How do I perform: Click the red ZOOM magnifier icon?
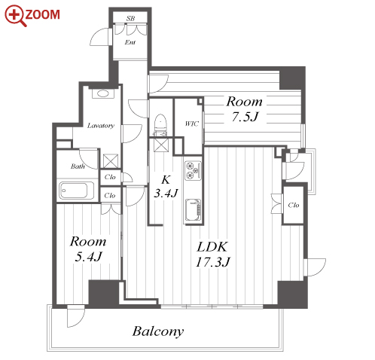click(15, 16)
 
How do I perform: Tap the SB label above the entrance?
click(130, 18)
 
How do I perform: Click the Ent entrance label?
click(130, 42)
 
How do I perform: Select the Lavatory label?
click(101, 125)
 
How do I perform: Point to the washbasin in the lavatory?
click(103, 93)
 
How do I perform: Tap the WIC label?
click(191, 124)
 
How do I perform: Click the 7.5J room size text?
click(245, 117)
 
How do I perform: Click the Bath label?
click(78, 166)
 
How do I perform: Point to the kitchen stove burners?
click(193, 171)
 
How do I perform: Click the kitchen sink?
click(193, 210)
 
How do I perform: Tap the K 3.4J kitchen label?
click(166, 187)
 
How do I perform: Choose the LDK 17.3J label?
click(212, 255)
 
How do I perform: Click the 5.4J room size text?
click(89, 257)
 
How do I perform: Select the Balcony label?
click(158, 331)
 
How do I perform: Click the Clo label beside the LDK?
click(294, 205)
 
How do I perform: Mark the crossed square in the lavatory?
click(111, 161)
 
